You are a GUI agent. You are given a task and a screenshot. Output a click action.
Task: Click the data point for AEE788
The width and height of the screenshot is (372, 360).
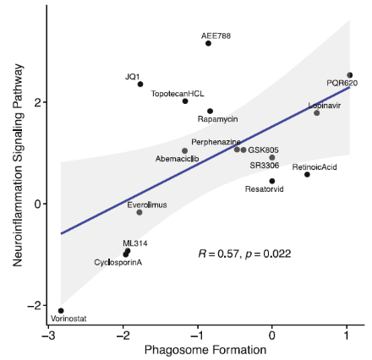click(208, 43)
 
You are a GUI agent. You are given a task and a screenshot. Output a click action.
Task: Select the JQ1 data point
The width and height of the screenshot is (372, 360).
click(140, 84)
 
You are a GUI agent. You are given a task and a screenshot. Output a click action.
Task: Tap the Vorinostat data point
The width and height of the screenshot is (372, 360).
click(61, 310)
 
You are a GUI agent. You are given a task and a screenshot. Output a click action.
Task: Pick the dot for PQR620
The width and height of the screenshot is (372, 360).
click(350, 75)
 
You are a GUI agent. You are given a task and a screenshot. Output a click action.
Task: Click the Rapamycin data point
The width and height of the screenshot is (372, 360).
click(211, 111)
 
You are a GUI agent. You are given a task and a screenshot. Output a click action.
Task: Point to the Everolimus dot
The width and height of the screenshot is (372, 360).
click(139, 212)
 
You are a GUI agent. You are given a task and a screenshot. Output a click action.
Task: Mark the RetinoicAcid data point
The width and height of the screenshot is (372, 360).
click(307, 174)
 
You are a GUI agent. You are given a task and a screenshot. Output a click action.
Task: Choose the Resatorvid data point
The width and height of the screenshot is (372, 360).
click(271, 181)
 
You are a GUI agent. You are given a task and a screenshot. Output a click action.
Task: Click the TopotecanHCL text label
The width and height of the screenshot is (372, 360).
click(177, 93)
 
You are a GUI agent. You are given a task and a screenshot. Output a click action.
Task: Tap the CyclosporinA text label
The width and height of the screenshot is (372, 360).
click(118, 262)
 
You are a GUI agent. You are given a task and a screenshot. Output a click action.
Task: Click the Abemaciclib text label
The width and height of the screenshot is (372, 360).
click(178, 159)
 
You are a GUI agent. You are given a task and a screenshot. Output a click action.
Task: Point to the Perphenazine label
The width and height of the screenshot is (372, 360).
click(216, 141)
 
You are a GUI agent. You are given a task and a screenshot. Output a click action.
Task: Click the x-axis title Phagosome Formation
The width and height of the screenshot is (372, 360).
click(196, 349)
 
